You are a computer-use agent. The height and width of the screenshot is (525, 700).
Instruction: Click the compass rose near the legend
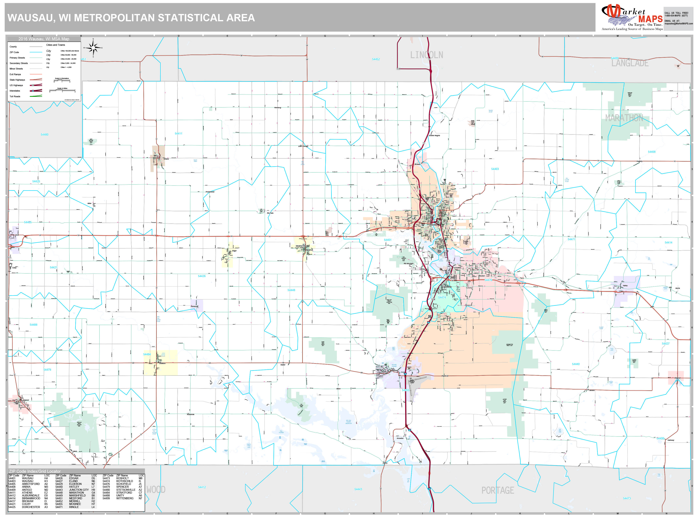click(93, 48)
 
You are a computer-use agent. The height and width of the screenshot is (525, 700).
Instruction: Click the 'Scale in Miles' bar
click(62, 90)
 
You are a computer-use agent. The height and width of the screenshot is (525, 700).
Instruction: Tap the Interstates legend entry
click(15, 91)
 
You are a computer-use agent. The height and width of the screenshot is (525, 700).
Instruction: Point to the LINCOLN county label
click(426, 55)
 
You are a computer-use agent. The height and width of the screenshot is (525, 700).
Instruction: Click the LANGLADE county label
click(630, 63)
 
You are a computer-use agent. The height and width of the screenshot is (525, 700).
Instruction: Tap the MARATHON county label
click(624, 118)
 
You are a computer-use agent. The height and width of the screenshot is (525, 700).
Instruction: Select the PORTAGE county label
click(497, 490)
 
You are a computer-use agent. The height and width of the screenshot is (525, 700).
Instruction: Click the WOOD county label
click(156, 490)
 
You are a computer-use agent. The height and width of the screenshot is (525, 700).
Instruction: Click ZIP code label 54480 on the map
click(44, 134)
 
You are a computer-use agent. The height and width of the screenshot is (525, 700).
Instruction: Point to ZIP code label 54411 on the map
click(178, 133)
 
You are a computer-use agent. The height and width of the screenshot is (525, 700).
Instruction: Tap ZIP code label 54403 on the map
click(495, 169)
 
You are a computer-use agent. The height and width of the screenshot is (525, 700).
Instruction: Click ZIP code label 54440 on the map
click(575, 364)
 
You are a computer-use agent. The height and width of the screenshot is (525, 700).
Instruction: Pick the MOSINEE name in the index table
click(75, 504)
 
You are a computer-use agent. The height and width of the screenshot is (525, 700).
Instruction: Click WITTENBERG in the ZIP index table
click(125, 498)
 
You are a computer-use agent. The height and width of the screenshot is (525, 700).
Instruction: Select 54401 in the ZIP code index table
click(12, 478)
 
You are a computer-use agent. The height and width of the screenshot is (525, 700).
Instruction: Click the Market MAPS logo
click(632, 17)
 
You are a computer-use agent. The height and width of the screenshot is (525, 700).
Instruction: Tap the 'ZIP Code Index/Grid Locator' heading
click(35, 471)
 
